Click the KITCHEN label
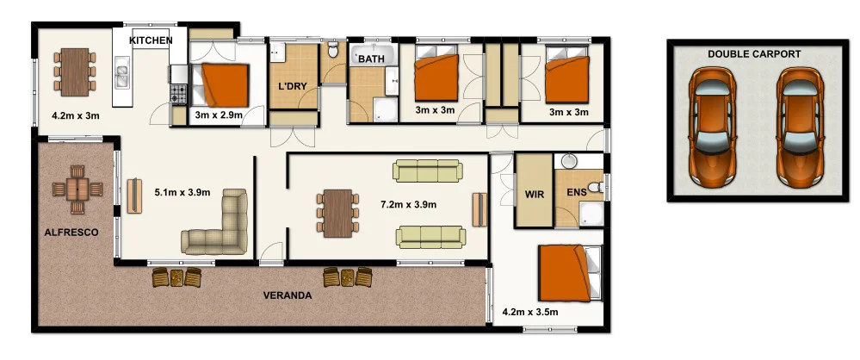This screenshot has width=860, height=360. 151,40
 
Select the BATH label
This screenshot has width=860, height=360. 371,59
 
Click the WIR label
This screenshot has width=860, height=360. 534,195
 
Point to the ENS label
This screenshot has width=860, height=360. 576,193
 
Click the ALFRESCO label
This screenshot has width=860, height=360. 72,233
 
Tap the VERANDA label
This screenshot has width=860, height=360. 287,295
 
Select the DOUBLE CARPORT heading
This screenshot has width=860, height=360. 754,53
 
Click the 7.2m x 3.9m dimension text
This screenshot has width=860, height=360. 408,205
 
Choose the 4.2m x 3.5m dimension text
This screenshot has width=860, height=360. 530,312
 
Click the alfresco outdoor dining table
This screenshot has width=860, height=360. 77,189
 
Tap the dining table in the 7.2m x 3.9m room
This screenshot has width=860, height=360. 338,212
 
